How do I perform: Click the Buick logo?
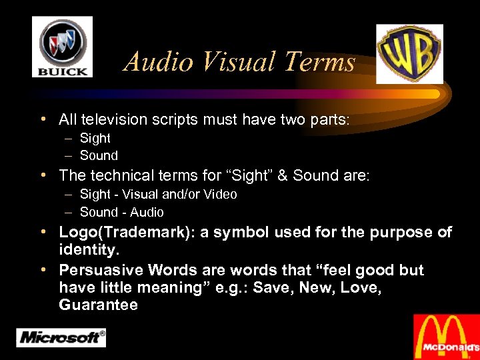[62, 47]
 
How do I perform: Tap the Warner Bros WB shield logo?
[409, 53]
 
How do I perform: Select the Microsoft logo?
[61, 337]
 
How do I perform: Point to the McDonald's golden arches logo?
[446, 337]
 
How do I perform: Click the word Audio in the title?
[159, 62]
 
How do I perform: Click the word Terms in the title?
[319, 62]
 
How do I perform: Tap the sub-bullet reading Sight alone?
[95, 139]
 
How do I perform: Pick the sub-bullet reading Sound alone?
[99, 156]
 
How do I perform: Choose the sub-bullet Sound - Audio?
[121, 213]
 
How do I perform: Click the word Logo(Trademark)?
[113, 233]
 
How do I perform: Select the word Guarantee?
[98, 305]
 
